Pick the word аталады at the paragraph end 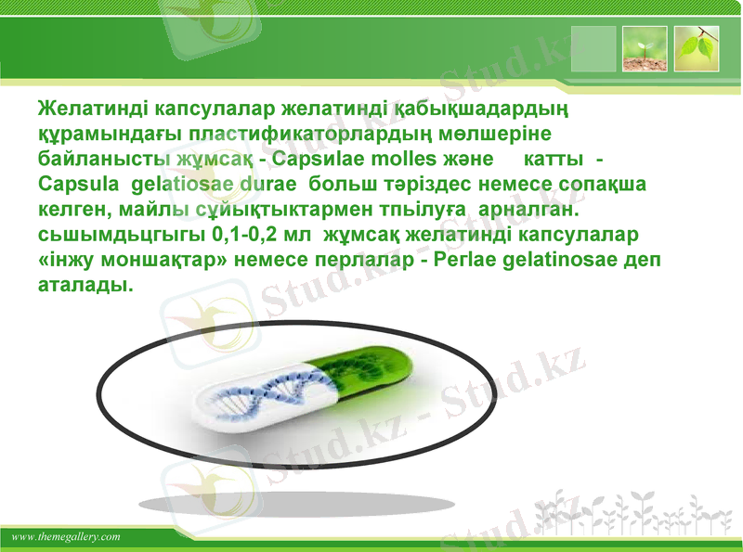point(85,287)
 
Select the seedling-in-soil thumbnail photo point(645,49)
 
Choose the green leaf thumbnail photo point(697,49)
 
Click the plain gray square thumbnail point(593,49)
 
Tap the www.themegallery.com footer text point(67,537)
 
